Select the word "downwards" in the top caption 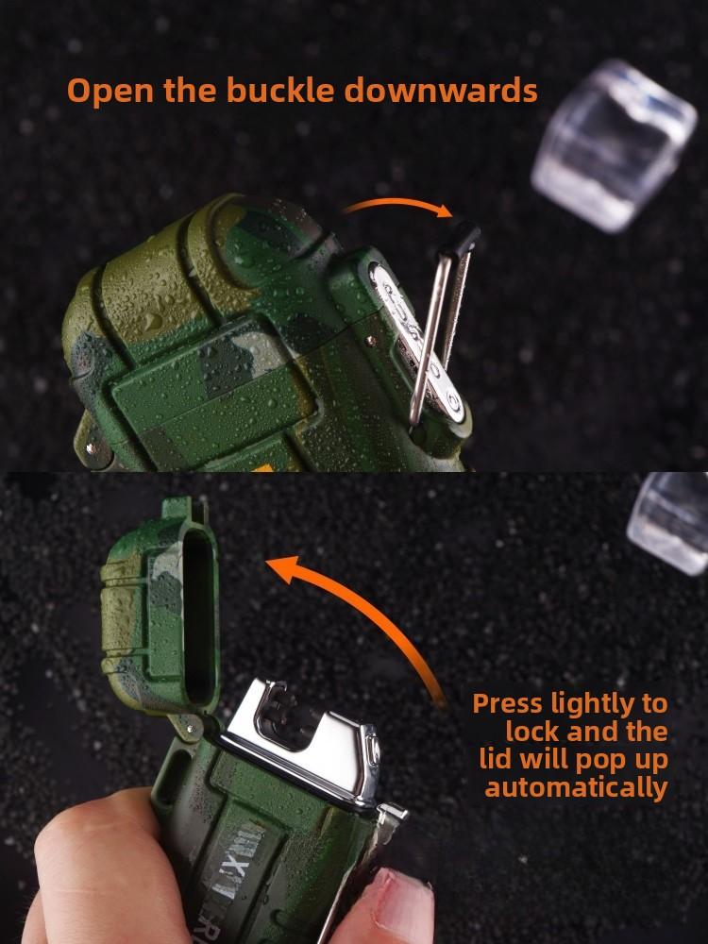pos(441,92)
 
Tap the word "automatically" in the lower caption pos(576,787)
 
